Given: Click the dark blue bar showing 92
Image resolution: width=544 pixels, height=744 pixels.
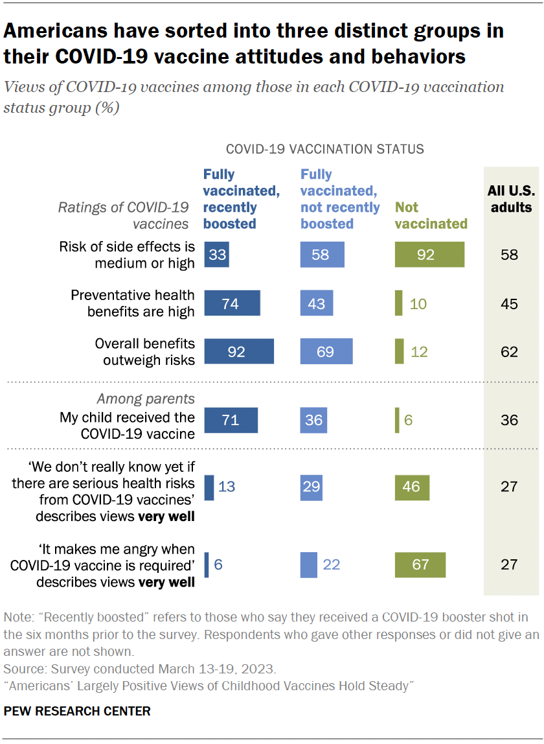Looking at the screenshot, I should point(239,351).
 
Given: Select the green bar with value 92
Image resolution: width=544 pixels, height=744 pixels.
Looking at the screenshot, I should point(429,255).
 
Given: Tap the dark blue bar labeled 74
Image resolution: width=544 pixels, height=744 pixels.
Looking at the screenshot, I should point(232,303).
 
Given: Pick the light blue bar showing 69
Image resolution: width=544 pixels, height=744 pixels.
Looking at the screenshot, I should point(326,351).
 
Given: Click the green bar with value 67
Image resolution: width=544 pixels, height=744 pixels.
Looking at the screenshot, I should point(420,564).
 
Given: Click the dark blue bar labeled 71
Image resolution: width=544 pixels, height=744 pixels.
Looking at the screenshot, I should point(231,420).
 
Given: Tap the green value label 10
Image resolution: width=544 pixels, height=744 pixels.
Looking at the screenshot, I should point(418,303).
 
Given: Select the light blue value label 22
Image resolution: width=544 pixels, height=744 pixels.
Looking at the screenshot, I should point(332,564).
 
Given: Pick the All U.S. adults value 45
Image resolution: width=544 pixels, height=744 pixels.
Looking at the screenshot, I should point(510,303).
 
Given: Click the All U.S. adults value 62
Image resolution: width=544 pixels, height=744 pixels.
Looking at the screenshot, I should point(510,351).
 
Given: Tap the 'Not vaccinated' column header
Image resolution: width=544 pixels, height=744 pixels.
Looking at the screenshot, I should point(431,215).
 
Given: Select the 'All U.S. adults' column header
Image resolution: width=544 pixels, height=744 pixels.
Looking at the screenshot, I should point(510,199).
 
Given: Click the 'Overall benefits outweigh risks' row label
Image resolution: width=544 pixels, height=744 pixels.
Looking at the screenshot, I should point(144,351).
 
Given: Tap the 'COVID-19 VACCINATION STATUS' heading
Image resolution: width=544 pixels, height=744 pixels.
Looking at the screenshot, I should point(324,149).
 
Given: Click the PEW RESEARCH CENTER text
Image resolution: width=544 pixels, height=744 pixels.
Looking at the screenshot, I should point(77,711).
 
